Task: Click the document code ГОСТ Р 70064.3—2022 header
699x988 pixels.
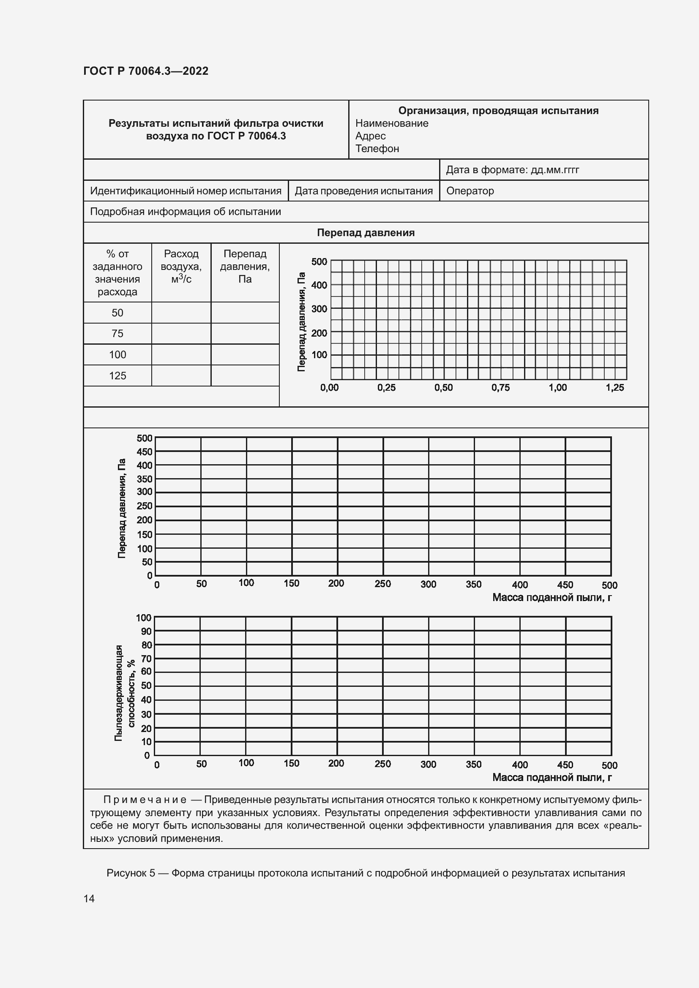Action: [145, 71]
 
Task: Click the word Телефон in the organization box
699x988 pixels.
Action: [377, 148]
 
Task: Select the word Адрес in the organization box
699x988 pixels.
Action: [370, 136]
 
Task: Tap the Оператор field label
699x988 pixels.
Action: [470, 191]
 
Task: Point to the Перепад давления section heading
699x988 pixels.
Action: [366, 233]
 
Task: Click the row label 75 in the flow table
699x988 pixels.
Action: [117, 334]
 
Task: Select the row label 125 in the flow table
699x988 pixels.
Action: [117, 376]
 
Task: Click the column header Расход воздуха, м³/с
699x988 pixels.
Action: [181, 267]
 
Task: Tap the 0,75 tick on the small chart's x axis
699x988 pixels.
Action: [500, 388]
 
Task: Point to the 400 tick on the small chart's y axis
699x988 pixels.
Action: [319, 285]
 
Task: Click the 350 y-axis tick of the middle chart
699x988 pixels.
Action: [144, 479]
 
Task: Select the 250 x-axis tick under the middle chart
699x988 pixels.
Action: [382, 584]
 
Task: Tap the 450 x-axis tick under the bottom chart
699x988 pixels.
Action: [565, 765]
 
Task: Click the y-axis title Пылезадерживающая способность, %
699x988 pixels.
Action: [124, 693]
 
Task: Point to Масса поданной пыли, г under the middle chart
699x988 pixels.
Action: [552, 597]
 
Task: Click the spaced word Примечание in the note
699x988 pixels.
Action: [145, 800]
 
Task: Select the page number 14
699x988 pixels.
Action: [89, 898]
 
